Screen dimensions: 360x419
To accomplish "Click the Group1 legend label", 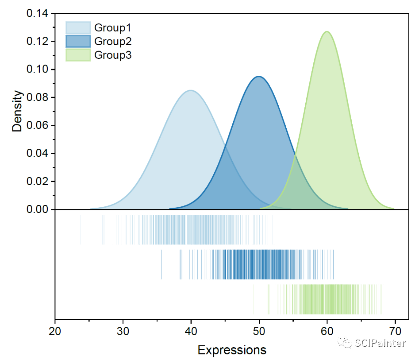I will point(112,28).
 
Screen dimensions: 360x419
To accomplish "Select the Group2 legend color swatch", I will point(78,42).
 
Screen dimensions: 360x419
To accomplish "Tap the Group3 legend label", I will point(112,55).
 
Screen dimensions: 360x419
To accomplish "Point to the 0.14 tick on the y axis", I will point(39,13).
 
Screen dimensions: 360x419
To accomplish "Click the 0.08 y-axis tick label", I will point(39,97).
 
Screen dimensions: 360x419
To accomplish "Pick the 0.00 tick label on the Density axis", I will point(39,209).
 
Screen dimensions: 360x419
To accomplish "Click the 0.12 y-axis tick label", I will point(39,42).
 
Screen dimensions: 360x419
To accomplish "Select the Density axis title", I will point(17,111).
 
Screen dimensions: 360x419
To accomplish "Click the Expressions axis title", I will point(232,350).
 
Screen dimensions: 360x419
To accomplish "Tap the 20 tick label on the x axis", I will point(55,331).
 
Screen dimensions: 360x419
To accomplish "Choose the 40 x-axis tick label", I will point(191,331).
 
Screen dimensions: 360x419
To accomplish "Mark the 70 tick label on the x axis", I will point(395,331).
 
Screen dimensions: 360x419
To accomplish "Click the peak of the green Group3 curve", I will point(327,31).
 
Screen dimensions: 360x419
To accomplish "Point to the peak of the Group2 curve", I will point(259,77).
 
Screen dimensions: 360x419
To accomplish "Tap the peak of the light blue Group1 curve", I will point(191,90).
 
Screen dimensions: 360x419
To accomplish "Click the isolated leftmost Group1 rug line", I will point(81,229).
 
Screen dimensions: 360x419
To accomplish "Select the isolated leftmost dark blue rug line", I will point(161,264).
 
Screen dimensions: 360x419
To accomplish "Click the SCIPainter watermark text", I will point(381,343).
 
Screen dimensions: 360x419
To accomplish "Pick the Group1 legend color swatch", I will point(78,28).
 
